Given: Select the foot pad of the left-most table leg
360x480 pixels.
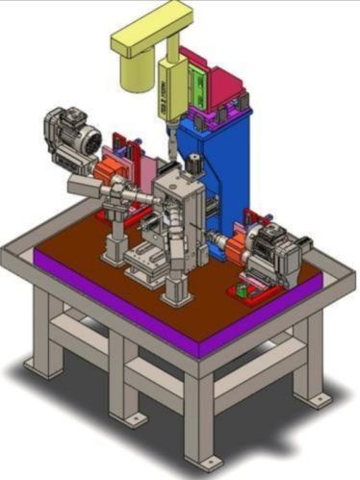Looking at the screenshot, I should click(40, 366).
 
